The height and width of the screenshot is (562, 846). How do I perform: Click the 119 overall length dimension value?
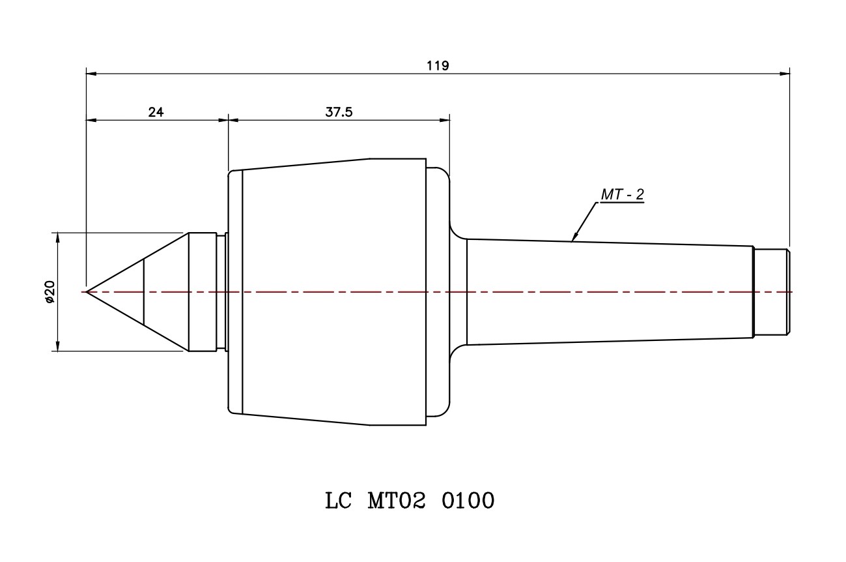click(x=438, y=65)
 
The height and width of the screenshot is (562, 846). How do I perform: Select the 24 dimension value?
click(x=156, y=111)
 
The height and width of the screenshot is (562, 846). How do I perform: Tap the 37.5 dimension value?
click(x=339, y=111)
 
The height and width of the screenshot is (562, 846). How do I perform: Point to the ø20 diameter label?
click(x=50, y=292)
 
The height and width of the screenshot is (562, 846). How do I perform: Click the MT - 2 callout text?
click(x=621, y=195)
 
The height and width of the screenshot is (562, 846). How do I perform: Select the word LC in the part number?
click(x=338, y=501)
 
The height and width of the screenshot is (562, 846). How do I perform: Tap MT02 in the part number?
click(x=397, y=501)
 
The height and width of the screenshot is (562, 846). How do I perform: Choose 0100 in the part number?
click(x=468, y=501)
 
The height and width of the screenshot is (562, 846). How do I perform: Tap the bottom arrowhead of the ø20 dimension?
click(x=58, y=346)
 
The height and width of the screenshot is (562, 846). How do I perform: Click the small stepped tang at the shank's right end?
click(x=771, y=291)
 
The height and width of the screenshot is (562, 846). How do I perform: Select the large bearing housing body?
click(x=332, y=291)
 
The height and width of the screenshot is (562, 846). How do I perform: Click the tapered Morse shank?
click(x=609, y=291)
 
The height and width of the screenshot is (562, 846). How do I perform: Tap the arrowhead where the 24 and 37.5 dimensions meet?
click(x=228, y=120)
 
